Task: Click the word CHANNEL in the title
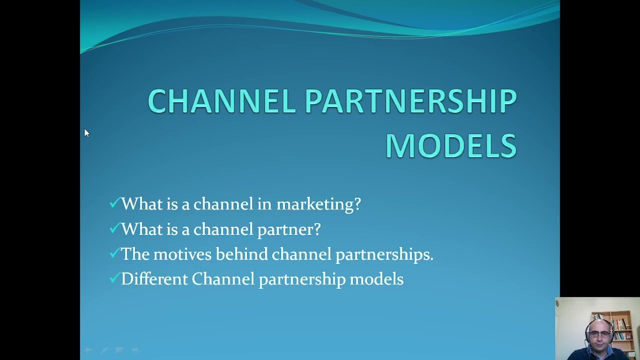point(221,101)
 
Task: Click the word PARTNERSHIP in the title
point(410,101)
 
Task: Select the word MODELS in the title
point(450,146)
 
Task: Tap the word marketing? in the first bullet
point(318,204)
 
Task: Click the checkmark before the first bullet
point(114,203)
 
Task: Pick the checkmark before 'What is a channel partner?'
point(114,228)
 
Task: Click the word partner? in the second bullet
point(288,229)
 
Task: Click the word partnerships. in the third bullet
point(384,254)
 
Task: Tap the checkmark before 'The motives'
point(114,253)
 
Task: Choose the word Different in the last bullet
point(154,279)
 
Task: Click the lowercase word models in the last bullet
point(376,279)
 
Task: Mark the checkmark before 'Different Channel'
point(114,278)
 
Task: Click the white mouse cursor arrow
point(86,132)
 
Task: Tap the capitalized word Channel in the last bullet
point(223,279)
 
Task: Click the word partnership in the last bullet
point(302,279)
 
